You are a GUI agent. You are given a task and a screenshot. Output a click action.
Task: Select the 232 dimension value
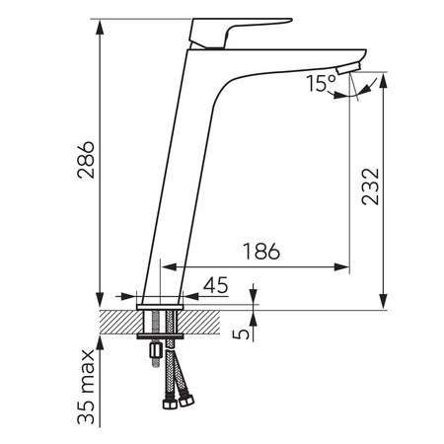coord(370,185)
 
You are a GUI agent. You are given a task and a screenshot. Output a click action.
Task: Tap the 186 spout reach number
coord(259,251)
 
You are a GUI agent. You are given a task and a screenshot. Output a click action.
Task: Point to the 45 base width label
coord(215,285)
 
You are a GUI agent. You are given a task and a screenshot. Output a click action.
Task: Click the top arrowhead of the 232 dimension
coord(383,77)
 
